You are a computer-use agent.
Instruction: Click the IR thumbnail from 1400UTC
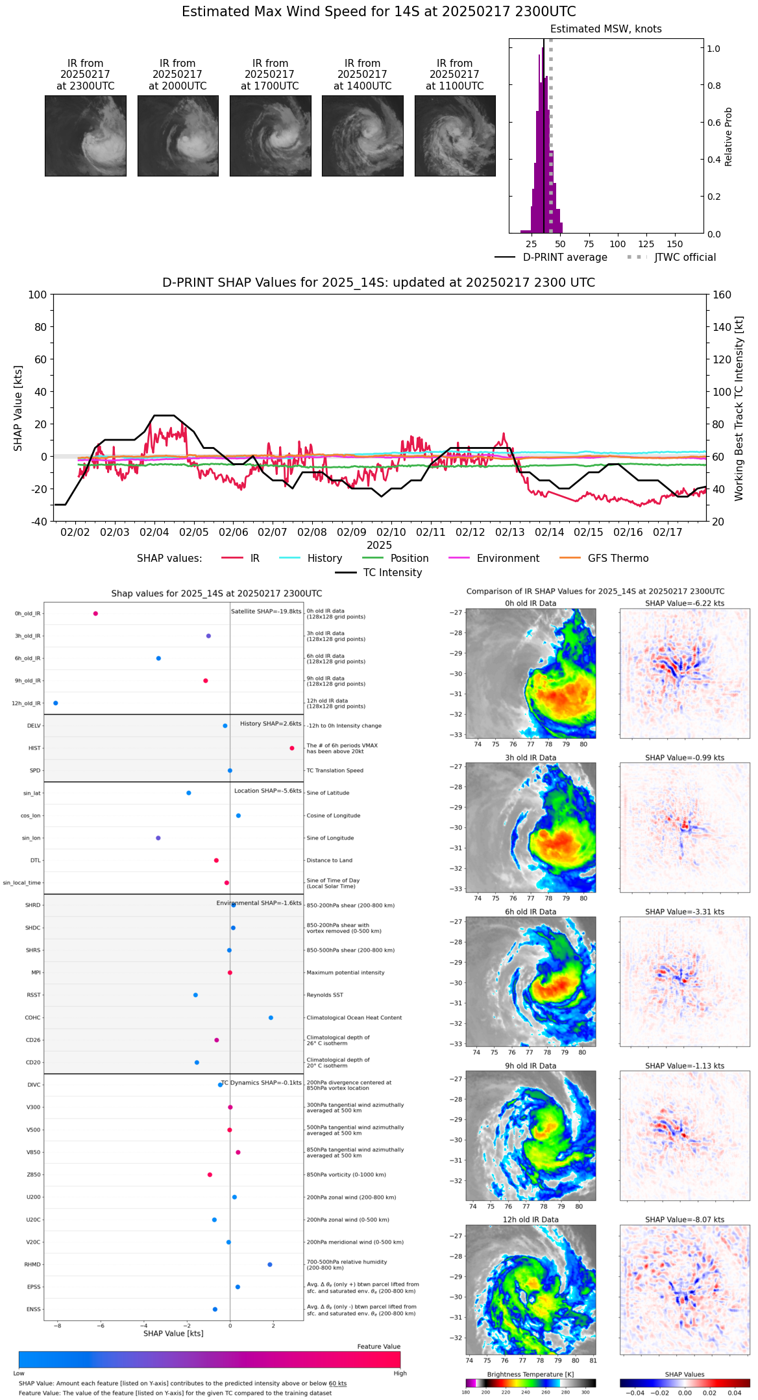coord(362,136)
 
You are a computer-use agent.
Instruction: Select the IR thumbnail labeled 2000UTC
coord(178,136)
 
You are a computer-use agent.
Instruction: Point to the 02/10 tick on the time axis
coord(391,532)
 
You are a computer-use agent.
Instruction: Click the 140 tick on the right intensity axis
coord(722,327)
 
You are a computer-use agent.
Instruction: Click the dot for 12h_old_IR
coord(56,703)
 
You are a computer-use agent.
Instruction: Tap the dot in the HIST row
coord(292,748)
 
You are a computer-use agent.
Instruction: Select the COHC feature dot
coord(271,1017)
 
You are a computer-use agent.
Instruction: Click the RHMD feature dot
coord(270,1264)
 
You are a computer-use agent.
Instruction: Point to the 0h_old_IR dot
coord(95,614)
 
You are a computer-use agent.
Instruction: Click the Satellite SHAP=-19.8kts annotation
coord(266,611)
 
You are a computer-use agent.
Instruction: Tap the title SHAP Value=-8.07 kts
coord(685,1220)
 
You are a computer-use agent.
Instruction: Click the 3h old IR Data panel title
coord(530,758)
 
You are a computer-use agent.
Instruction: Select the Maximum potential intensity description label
coord(345,972)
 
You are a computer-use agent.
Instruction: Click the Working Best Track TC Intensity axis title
coord(739,409)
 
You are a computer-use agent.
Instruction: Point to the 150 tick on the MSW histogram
coord(675,244)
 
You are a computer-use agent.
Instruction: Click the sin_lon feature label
coord(31,838)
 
